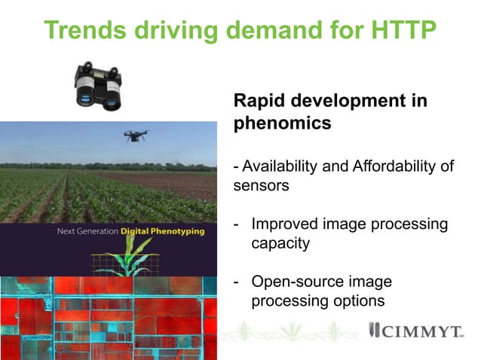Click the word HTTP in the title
(401, 30)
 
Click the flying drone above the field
(136, 136)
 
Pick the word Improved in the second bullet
(284, 224)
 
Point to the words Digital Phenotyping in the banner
(162, 232)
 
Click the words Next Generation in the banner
(87, 232)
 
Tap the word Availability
(278, 166)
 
